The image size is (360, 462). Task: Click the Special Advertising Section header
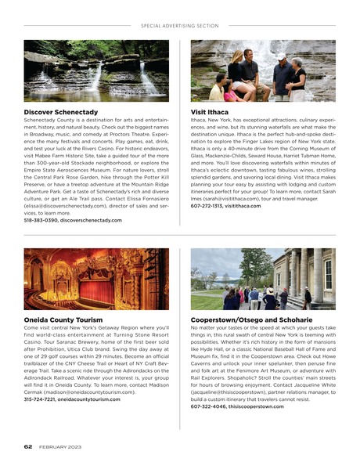pyautogui.click(x=179, y=25)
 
